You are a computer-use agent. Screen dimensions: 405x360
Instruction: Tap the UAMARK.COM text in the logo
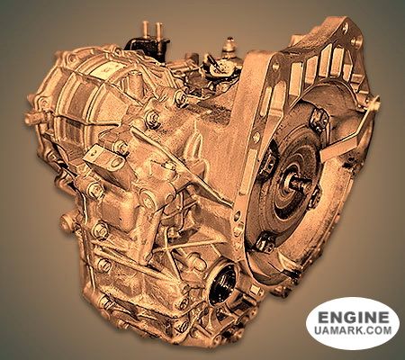(353, 330)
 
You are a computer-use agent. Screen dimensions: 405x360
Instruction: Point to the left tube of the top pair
(146, 30)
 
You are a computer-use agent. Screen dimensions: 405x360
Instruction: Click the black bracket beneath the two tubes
(147, 46)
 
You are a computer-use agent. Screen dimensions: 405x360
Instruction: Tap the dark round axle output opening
(223, 284)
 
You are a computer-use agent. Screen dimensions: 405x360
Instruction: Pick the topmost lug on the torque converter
(318, 120)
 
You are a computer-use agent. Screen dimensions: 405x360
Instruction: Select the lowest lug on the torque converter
(265, 241)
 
